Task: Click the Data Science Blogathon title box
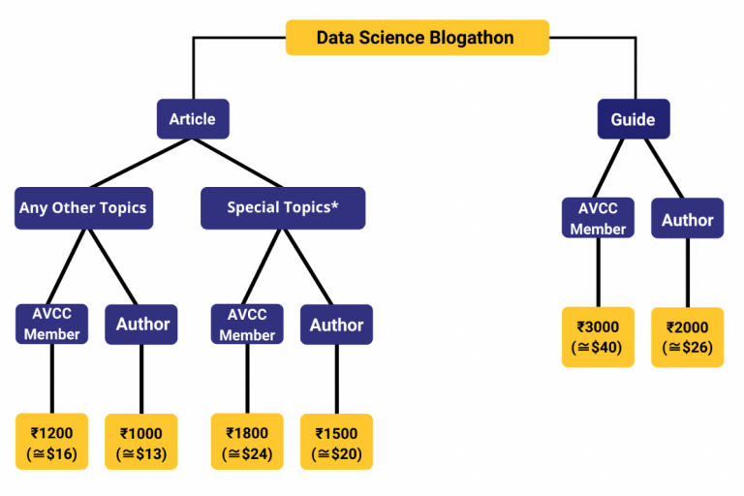click(417, 38)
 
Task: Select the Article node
click(193, 119)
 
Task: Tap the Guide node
click(633, 120)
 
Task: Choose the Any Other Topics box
click(83, 207)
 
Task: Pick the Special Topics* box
click(283, 207)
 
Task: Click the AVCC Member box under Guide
click(598, 219)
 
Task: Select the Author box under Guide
click(687, 219)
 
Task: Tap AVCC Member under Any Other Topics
click(51, 325)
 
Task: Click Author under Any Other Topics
click(141, 325)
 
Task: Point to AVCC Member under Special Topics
click(247, 325)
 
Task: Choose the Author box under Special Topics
click(336, 325)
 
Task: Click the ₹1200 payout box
click(52, 443)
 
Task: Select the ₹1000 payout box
click(141, 443)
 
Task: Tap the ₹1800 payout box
click(248, 443)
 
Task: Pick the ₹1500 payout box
click(336, 443)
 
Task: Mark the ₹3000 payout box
click(598, 337)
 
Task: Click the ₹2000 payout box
click(687, 337)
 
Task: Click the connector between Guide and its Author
click(663, 167)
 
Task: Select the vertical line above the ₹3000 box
click(598, 273)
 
